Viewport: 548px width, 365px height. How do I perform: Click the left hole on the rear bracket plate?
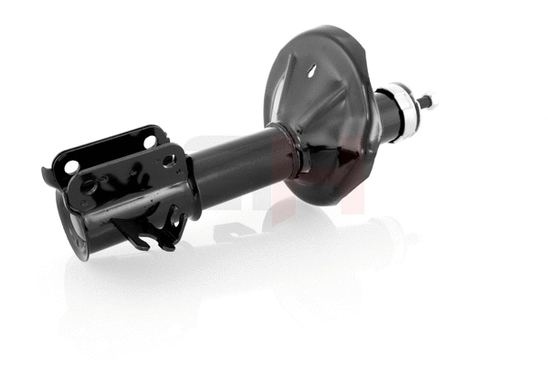coord(70,167)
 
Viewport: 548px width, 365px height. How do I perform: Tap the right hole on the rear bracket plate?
coord(149,141)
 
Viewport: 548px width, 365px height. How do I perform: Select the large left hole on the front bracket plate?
coord(89,185)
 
